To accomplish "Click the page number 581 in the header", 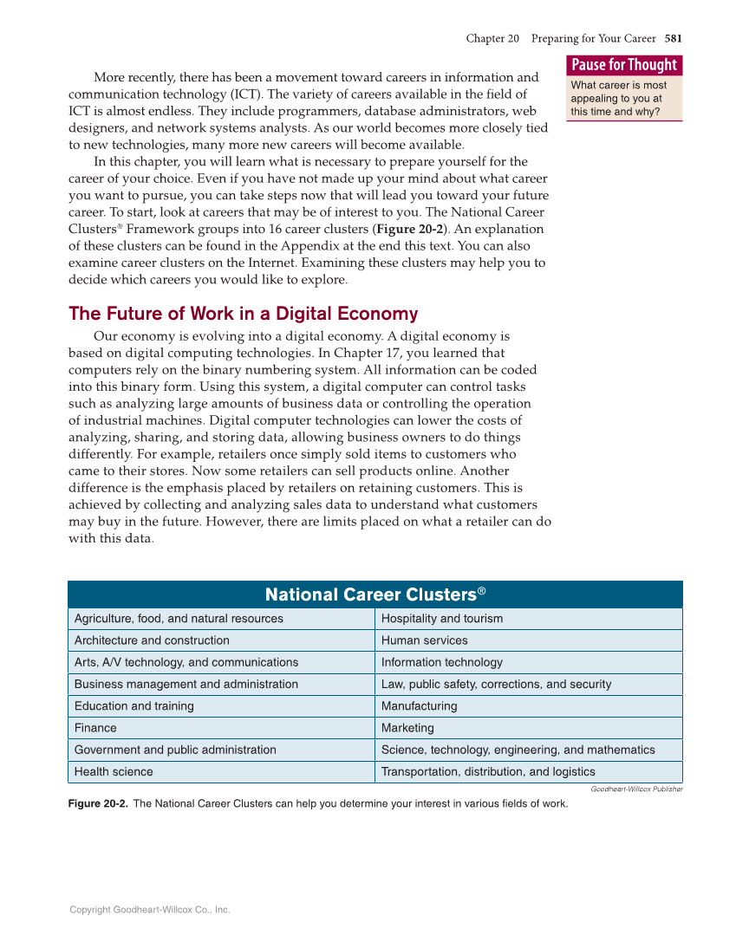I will tap(674, 38).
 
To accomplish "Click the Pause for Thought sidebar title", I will tap(624, 65).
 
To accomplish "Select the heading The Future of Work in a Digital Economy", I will tap(243, 314).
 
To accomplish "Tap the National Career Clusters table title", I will tap(375, 594).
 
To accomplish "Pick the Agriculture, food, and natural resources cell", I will tap(179, 619).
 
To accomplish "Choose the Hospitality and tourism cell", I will tap(442, 619).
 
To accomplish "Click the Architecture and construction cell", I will tap(152, 640).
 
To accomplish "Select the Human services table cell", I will tap(424, 640).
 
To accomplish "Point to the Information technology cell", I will tap(441, 662).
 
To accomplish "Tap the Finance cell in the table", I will tap(95, 728).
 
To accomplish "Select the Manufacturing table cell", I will tap(419, 706).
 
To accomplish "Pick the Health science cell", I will tap(114, 772).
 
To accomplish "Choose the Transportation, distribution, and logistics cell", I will tap(488, 772).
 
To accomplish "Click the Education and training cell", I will tap(134, 706).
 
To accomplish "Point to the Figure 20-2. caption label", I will tap(98, 803).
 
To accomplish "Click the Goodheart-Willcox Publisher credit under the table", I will tap(636, 789).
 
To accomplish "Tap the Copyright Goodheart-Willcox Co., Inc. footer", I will tap(149, 910).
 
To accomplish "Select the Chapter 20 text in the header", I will tap(492, 38).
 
